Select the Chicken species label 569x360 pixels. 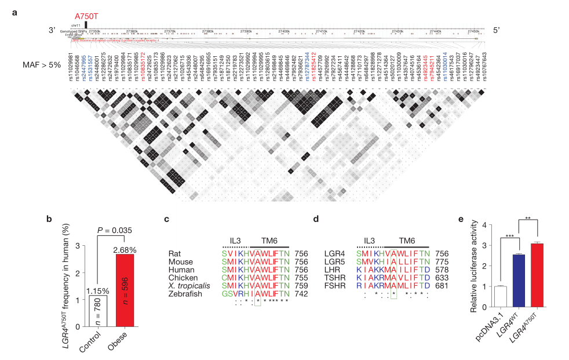coord(180,278)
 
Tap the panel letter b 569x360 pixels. coord(49,219)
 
